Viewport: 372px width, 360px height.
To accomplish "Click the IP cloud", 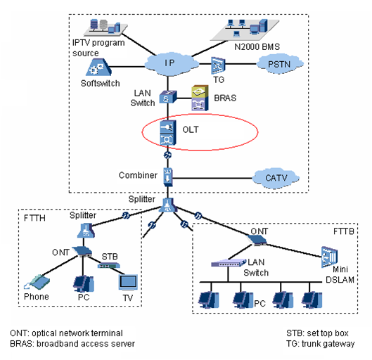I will click(x=168, y=63).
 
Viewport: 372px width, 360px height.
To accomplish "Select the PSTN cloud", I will click(x=270, y=65).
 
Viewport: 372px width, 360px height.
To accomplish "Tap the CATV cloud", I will click(x=271, y=176).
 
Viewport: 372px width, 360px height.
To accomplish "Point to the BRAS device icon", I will click(x=199, y=99).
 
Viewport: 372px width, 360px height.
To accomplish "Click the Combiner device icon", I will click(x=167, y=174).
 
